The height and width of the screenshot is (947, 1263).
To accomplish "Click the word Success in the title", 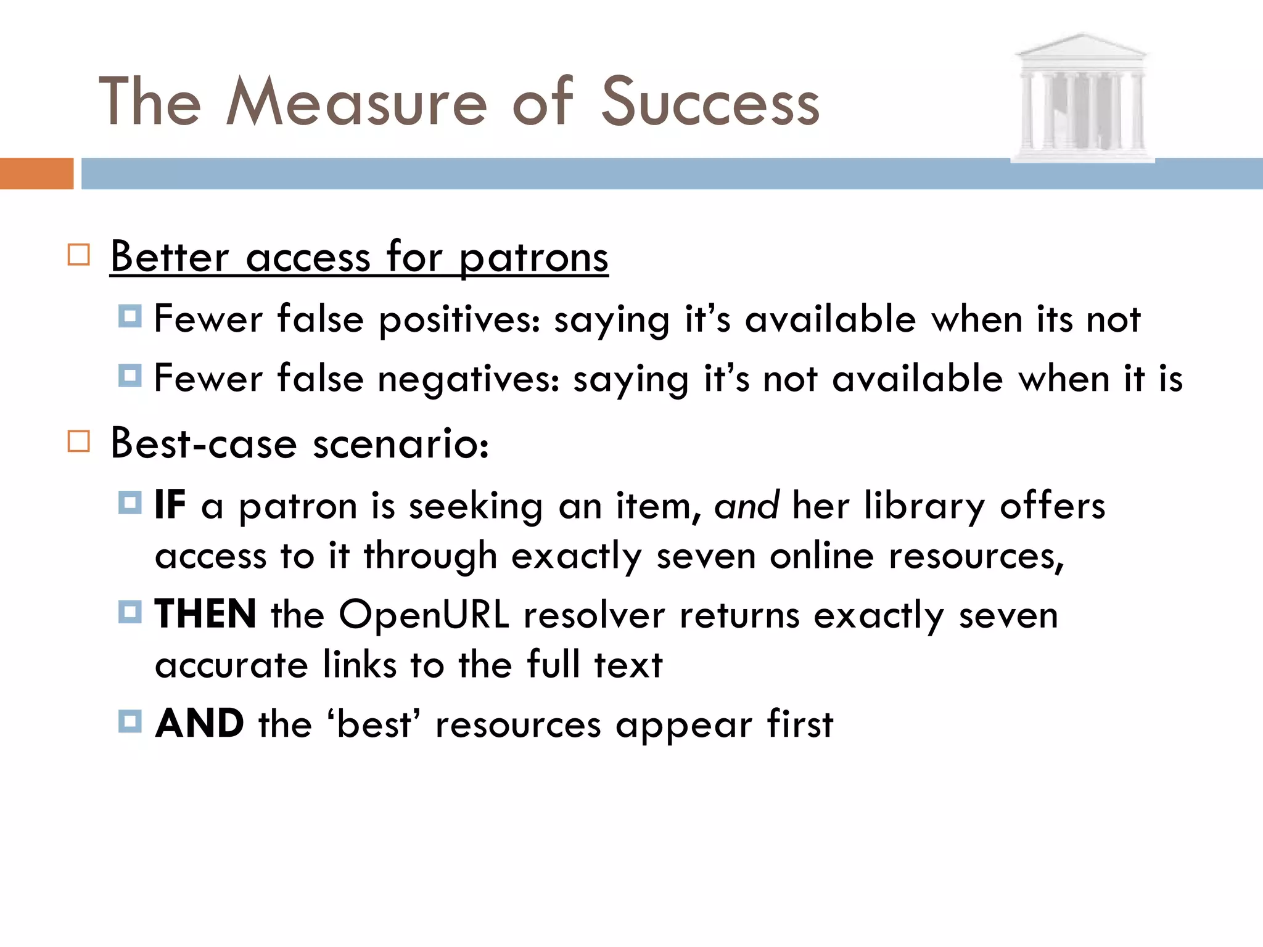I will click(x=710, y=102).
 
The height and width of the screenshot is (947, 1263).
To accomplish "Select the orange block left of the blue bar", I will click(x=36, y=173).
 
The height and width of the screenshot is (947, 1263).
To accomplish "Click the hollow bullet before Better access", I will click(x=78, y=255).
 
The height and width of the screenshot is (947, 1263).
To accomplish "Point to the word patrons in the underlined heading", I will click(x=534, y=258).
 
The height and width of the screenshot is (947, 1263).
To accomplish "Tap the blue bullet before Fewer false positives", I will click(x=130, y=316).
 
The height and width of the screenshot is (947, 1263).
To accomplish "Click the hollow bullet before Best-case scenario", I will click(x=78, y=441).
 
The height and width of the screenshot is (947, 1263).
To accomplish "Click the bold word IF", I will click(x=170, y=505).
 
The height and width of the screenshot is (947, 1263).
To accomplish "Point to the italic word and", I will click(x=746, y=506).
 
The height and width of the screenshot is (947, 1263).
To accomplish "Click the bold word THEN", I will click(x=205, y=614).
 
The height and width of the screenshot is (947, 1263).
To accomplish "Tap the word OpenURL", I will click(x=424, y=615).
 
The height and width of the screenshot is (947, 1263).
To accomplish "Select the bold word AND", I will click(x=199, y=723).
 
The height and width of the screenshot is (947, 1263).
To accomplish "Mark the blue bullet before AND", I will click(x=130, y=720).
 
